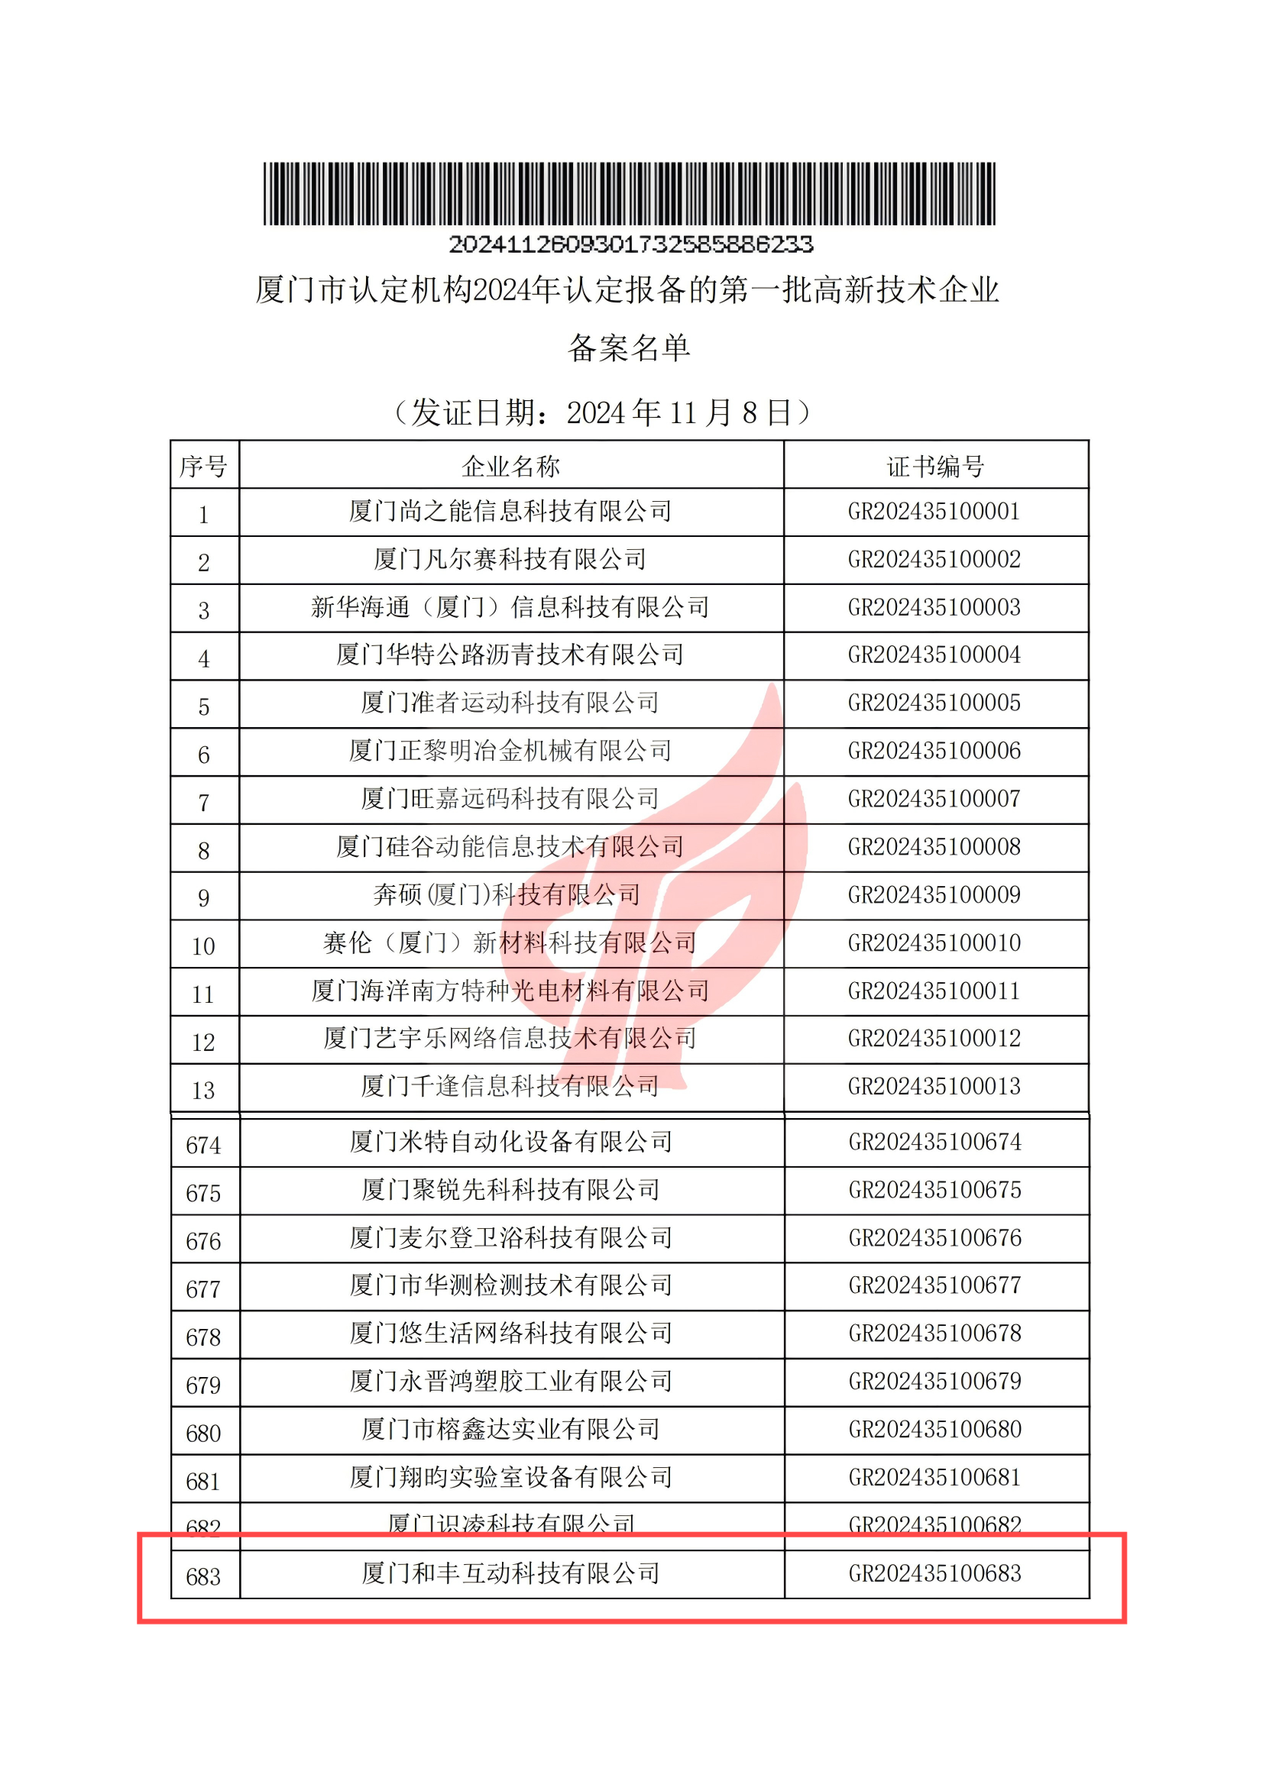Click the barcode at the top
coord(629,193)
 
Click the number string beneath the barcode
coord(630,245)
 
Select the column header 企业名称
coord(511,467)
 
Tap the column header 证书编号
coord(935,467)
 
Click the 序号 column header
coord(204,467)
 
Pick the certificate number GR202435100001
coord(933,512)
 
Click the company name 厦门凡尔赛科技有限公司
coord(510,560)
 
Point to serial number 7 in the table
coord(204,803)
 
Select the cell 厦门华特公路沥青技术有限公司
coord(510,655)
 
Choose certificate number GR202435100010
coord(933,944)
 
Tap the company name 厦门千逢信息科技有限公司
coord(510,1087)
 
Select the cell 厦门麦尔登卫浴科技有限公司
coord(511,1239)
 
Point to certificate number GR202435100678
coord(934,1334)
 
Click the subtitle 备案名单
coord(629,348)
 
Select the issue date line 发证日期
coord(603,413)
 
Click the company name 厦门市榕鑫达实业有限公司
coord(511,1430)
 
